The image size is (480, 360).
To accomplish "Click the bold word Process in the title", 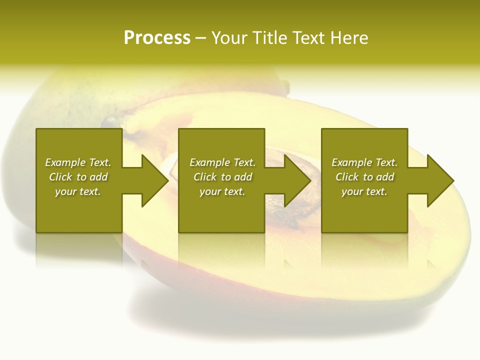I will (x=157, y=38).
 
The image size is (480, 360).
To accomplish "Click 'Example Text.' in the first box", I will (x=78, y=162).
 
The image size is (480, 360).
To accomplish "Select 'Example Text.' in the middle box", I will (x=222, y=162).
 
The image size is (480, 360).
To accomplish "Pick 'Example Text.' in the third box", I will (x=364, y=162).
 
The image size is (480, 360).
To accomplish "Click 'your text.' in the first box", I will (x=78, y=191).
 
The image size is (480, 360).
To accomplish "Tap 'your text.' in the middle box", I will (x=222, y=191).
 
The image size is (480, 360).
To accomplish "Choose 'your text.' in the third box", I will (x=364, y=191).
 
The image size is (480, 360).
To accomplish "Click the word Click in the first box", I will (x=60, y=177).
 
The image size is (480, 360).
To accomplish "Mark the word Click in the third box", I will (x=347, y=177).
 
